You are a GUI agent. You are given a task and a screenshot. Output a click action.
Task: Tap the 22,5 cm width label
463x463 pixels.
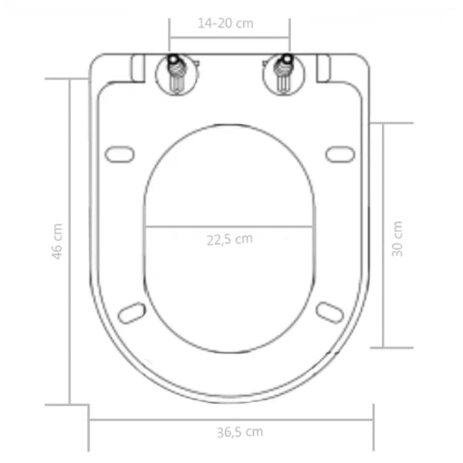[229, 239]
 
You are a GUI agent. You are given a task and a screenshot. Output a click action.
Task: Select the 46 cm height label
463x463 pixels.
[57, 242]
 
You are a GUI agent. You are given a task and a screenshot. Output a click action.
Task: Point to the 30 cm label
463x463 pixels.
[397, 239]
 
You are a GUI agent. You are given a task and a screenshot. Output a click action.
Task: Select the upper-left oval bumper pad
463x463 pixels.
[120, 154]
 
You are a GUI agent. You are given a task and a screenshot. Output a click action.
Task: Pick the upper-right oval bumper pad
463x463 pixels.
[340, 154]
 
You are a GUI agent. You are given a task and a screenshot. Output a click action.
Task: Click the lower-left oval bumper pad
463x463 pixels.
[132, 312]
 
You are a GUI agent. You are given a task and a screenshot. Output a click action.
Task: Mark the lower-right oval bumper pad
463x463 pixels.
[330, 312]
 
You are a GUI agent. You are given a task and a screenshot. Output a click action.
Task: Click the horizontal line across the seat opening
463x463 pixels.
[229, 227]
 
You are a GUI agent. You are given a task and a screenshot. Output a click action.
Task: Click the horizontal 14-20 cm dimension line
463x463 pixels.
[229, 35]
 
